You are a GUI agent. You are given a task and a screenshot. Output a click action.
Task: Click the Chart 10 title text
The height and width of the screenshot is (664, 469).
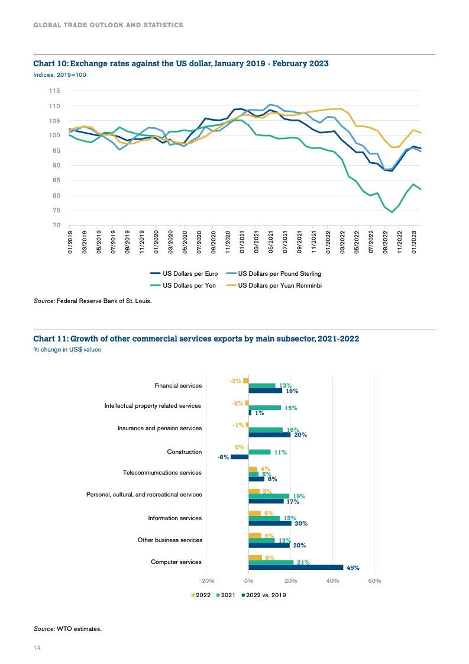(x=180, y=63)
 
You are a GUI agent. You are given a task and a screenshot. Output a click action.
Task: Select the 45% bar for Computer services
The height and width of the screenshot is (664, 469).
(x=296, y=568)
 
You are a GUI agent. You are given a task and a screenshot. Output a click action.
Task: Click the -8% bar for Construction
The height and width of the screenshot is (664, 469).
(x=240, y=457)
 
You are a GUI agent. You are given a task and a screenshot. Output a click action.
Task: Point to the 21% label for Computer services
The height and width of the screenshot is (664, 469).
(x=303, y=563)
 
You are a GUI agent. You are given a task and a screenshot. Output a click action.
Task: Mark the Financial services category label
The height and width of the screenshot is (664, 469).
(x=178, y=385)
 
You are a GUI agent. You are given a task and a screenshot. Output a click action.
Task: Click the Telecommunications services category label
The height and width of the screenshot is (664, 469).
(x=162, y=473)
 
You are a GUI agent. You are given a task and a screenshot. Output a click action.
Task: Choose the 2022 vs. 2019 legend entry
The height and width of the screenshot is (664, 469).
(x=263, y=595)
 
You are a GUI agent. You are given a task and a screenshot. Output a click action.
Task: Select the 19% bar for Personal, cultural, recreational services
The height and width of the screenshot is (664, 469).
(x=269, y=496)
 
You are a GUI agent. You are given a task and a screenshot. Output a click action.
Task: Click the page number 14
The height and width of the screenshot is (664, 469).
(x=37, y=649)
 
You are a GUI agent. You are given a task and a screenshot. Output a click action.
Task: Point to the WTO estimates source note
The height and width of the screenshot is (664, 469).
(x=67, y=628)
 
